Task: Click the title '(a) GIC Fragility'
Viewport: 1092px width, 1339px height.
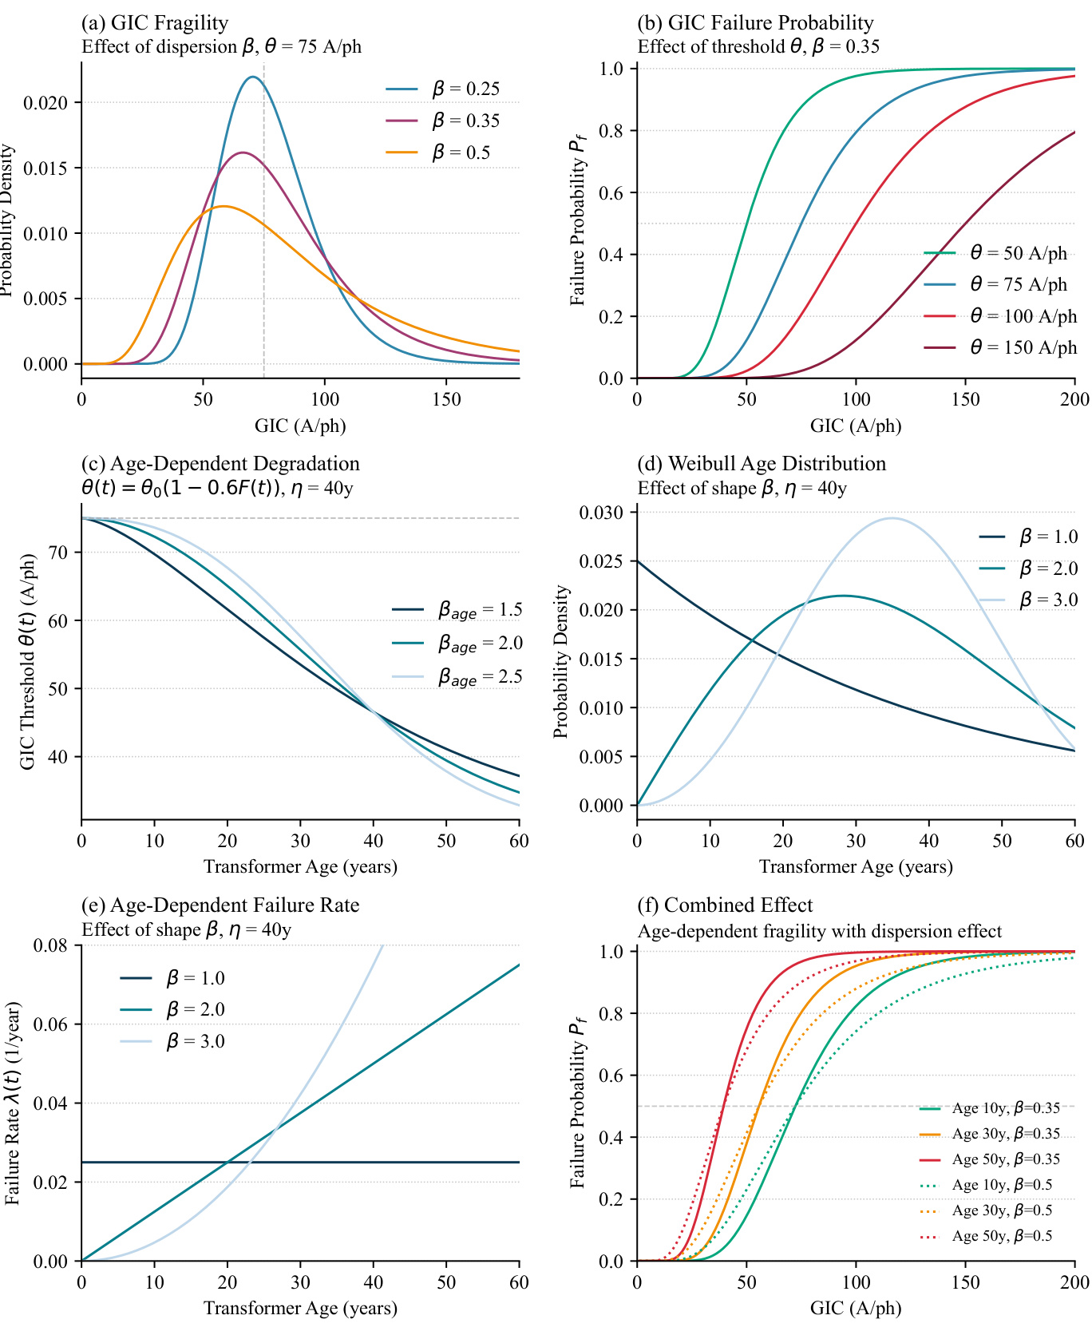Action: point(155,22)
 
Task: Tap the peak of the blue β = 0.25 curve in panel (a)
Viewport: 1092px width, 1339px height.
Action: point(253,77)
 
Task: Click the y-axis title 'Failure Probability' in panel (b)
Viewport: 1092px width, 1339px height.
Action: point(578,220)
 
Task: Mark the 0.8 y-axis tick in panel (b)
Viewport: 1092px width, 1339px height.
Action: point(611,130)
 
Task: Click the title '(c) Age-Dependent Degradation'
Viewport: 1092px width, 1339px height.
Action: point(220,463)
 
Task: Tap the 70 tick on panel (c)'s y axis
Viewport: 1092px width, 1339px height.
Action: point(59,552)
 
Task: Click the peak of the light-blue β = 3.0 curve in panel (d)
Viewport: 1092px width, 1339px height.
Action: point(892,518)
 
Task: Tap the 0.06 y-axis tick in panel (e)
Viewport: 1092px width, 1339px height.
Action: point(51,1024)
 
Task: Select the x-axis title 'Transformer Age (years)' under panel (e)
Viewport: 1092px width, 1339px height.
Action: point(300,1308)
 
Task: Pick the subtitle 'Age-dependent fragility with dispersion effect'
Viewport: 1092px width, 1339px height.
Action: point(819,931)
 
